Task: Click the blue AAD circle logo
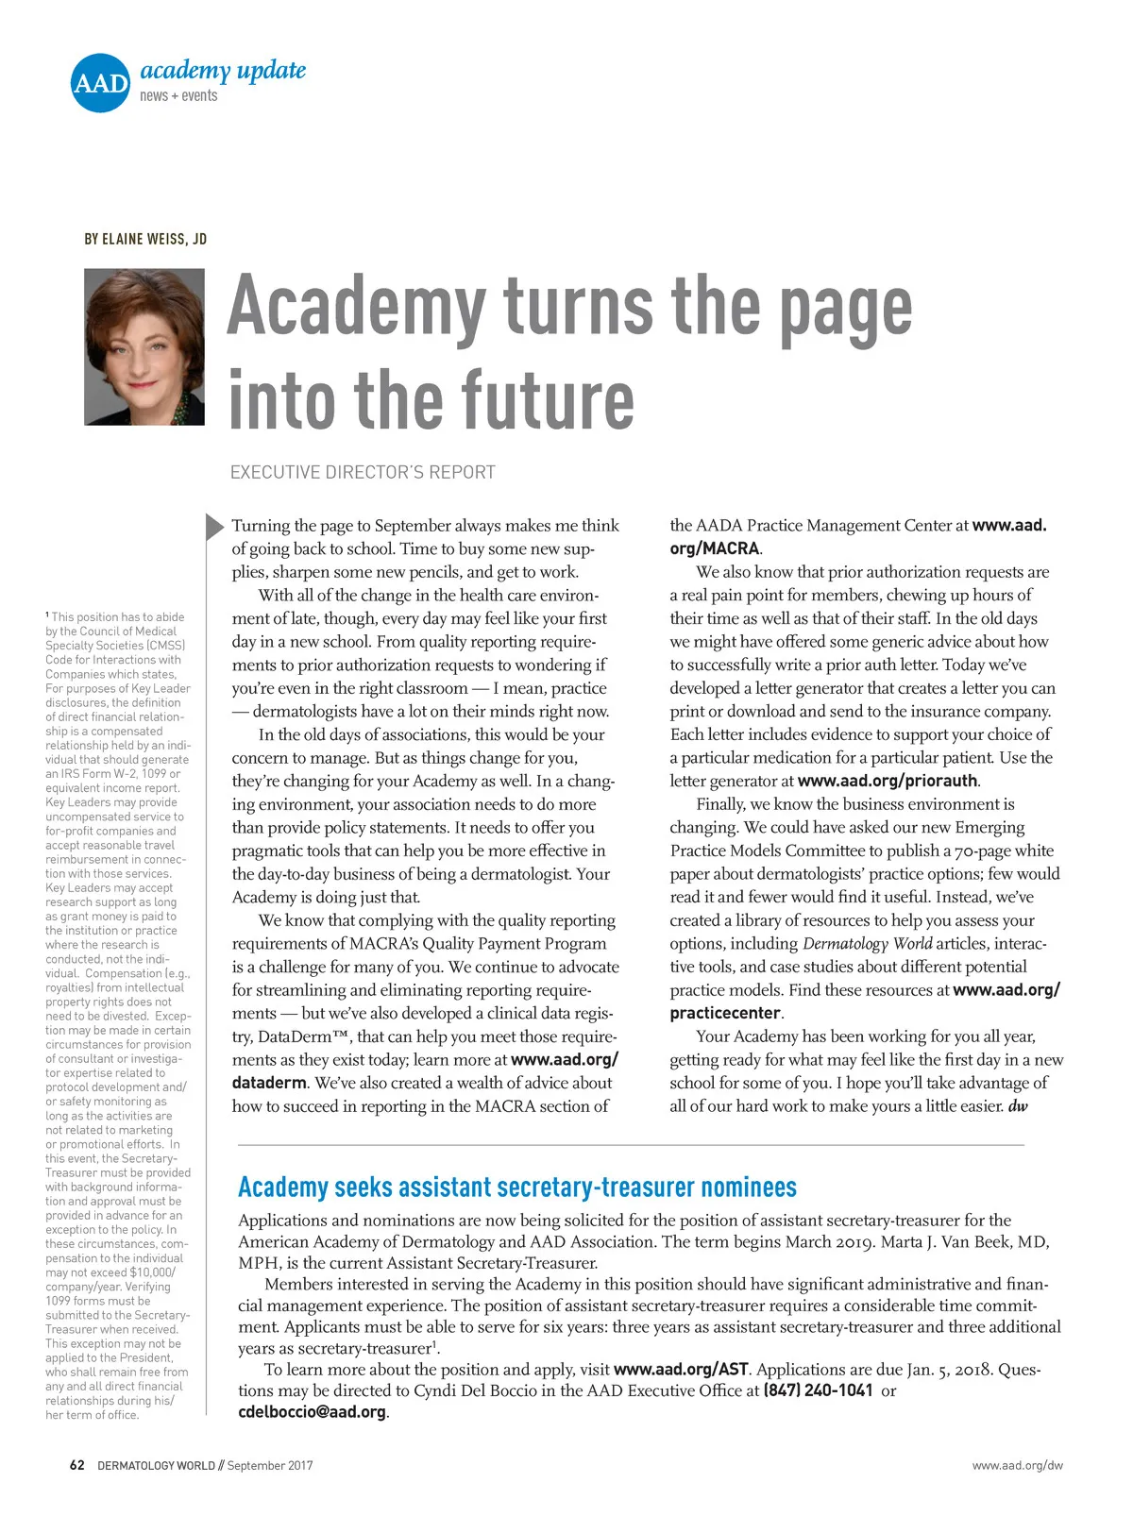click(x=100, y=83)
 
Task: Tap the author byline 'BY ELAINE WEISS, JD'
click(x=145, y=239)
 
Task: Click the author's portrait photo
click(x=144, y=346)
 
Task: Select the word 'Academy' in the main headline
click(x=356, y=305)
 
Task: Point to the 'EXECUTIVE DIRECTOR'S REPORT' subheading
click(x=363, y=472)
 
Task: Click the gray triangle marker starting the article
click(x=215, y=527)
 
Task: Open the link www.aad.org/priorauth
click(x=888, y=781)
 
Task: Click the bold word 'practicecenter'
click(x=725, y=1013)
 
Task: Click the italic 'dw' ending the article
click(x=1018, y=1106)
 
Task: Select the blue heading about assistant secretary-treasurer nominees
click(x=517, y=1187)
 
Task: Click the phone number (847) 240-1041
click(x=818, y=1390)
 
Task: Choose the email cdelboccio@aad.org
click(x=313, y=1412)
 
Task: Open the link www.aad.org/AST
click(x=681, y=1370)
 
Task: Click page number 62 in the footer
click(x=77, y=1465)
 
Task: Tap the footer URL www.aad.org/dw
click(x=1017, y=1465)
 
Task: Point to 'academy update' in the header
click(x=223, y=71)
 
